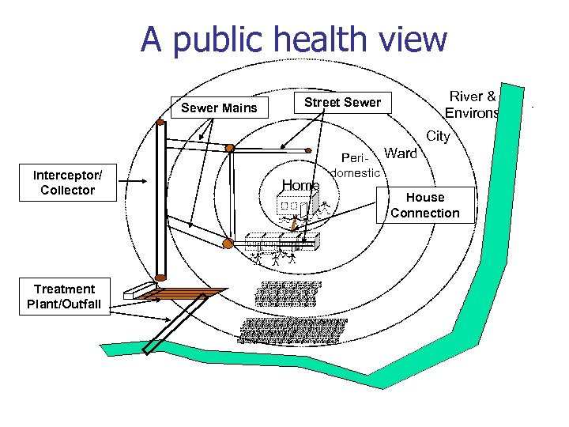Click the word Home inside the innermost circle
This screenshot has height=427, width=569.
click(x=300, y=186)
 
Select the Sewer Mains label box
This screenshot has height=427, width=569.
click(x=219, y=108)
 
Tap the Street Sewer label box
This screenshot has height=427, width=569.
click(x=342, y=102)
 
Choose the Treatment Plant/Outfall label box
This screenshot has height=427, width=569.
click(x=64, y=297)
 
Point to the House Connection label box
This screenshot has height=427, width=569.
click(x=424, y=205)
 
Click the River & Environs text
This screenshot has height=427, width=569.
click(x=473, y=104)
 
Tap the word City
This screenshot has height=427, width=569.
click(x=438, y=136)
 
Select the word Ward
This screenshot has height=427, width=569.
click(x=401, y=153)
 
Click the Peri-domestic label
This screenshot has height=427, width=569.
click(x=357, y=164)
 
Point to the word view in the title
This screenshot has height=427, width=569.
click(x=411, y=40)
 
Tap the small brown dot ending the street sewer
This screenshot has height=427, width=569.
click(x=310, y=148)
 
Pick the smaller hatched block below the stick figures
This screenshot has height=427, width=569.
click(x=288, y=293)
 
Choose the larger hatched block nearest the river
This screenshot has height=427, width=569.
click(x=292, y=330)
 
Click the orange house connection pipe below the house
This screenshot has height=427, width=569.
click(x=293, y=226)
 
